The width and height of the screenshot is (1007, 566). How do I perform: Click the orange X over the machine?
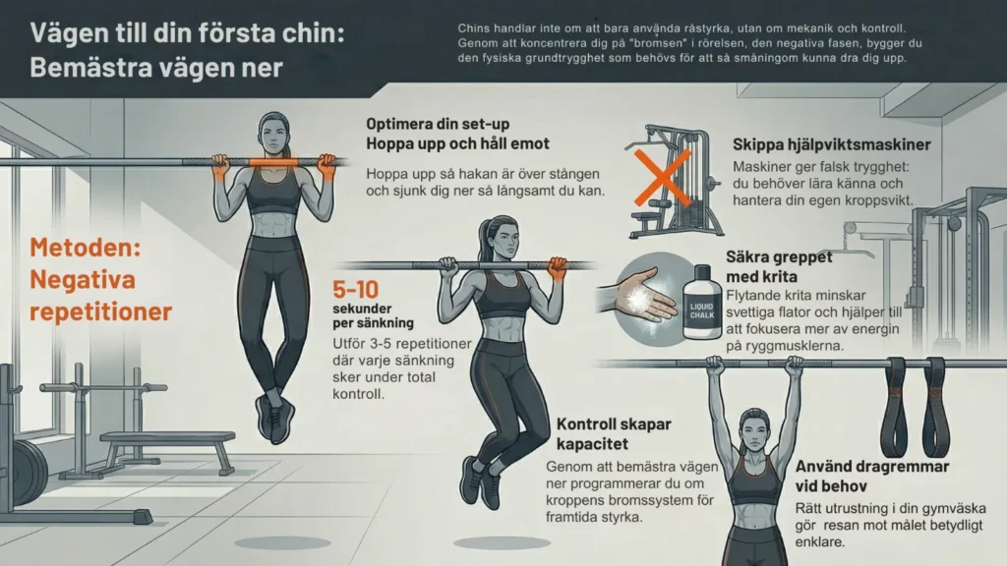[x=662, y=179]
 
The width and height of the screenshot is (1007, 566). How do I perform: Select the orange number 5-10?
[x=355, y=290]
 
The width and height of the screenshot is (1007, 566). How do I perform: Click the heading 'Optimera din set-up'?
[x=438, y=124]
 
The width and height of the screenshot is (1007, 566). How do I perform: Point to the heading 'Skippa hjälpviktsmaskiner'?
[x=832, y=144]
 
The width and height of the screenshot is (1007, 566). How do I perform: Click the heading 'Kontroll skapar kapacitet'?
[x=614, y=433]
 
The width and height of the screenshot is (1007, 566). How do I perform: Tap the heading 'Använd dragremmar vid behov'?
[x=872, y=476]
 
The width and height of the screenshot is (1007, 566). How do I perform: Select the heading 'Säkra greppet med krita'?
[x=779, y=266]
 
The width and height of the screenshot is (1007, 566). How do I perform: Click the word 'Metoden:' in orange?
[x=85, y=248]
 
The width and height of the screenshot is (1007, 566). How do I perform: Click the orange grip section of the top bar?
[x=273, y=162]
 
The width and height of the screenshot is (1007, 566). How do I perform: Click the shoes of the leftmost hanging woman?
[x=275, y=417]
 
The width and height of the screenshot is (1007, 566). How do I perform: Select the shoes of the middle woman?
[x=481, y=481]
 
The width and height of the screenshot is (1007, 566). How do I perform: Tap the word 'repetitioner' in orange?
[x=101, y=311]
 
